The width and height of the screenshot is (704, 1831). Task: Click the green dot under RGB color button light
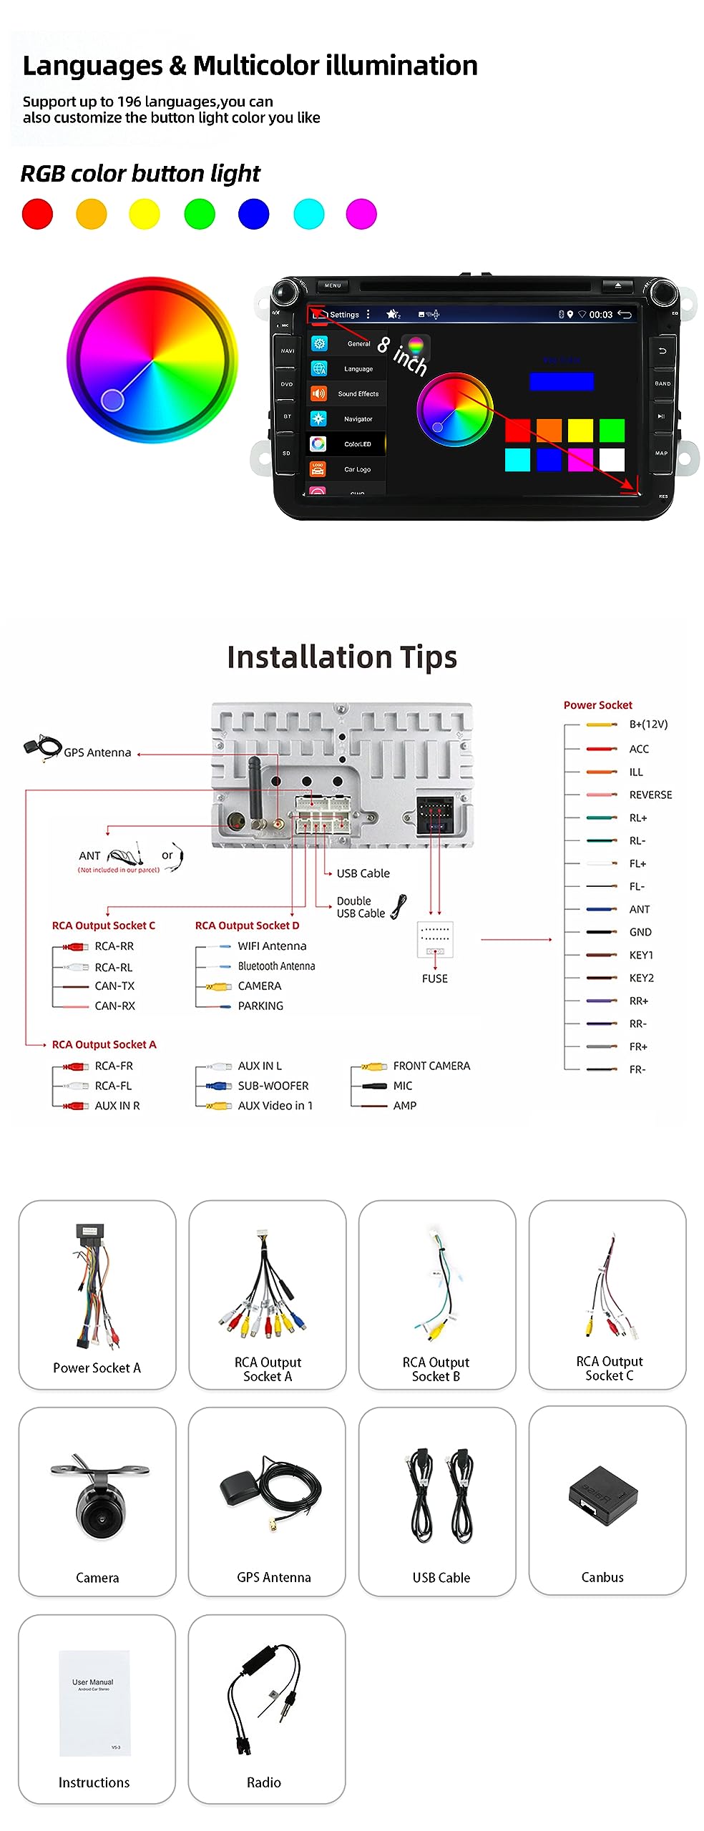200,214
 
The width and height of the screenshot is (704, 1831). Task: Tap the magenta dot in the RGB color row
361,214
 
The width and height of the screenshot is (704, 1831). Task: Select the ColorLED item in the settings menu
357,444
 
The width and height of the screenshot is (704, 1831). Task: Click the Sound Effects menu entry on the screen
358,394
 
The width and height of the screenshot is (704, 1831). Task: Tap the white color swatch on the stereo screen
612,460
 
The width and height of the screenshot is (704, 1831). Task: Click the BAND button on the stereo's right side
663,383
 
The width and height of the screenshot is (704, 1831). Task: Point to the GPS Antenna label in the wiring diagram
97,752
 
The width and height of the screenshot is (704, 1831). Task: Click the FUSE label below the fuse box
435,978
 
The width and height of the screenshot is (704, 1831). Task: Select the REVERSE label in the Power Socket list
650,795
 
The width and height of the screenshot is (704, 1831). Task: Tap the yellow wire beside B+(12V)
601,725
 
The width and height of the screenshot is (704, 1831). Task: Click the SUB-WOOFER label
273,1086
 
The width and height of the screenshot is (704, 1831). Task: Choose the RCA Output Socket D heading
247,926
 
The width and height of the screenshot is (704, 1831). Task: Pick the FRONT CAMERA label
431,1066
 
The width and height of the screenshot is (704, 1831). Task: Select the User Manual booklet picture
94,1702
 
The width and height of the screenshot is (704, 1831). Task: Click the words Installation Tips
342,657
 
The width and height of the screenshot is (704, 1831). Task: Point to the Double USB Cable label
361,907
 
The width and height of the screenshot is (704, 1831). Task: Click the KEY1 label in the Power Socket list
641,955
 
